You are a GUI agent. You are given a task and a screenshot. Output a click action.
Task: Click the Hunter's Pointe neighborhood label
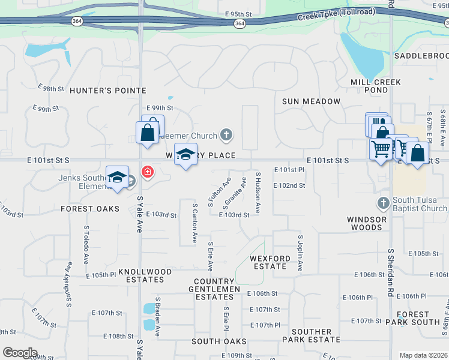point(107,91)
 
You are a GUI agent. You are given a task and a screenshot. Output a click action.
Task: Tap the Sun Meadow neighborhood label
point(312,101)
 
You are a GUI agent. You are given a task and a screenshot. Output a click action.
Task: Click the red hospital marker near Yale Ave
point(146,173)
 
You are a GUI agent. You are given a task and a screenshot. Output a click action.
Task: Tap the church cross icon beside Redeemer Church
point(226,134)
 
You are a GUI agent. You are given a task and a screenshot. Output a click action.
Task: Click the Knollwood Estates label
point(141,275)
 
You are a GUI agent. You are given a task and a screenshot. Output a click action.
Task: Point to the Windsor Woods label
point(367,223)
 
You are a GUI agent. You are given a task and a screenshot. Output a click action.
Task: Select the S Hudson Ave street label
point(258,193)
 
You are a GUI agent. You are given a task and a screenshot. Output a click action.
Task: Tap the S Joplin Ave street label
point(300,253)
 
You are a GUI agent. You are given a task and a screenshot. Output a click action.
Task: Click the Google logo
point(20,353)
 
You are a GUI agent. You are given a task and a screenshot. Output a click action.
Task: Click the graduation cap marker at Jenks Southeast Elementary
point(117,178)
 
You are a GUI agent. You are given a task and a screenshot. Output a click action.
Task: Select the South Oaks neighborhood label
point(215,341)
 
